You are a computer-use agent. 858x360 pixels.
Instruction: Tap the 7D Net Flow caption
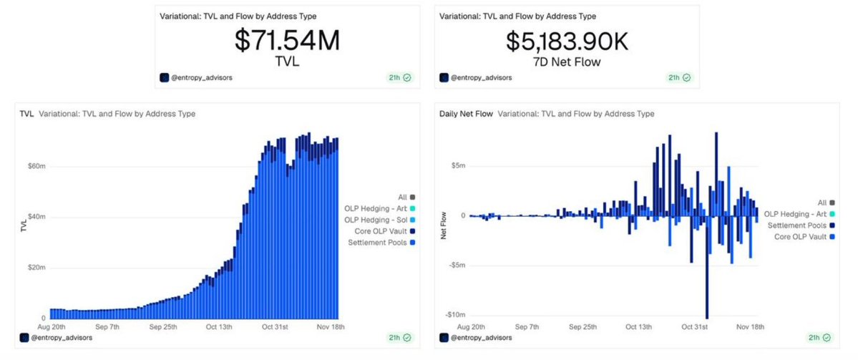click(566, 62)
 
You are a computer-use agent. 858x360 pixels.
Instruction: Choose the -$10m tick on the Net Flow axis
click(455, 315)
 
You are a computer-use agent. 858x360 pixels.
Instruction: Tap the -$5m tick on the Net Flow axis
click(457, 265)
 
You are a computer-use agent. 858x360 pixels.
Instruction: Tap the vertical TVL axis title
click(24, 225)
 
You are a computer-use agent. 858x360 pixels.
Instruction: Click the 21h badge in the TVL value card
click(395, 77)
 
